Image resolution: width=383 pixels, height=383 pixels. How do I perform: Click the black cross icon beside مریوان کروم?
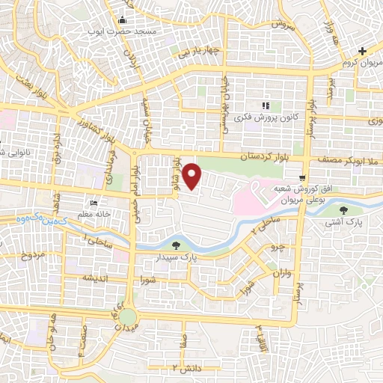[x=362, y=51]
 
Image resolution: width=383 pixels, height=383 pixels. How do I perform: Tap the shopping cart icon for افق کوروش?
[x=301, y=178]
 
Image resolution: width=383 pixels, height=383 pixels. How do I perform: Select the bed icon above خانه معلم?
[x=94, y=203]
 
